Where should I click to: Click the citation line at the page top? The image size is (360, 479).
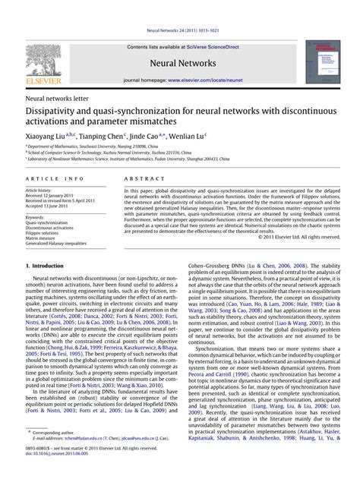coord(179,32)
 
